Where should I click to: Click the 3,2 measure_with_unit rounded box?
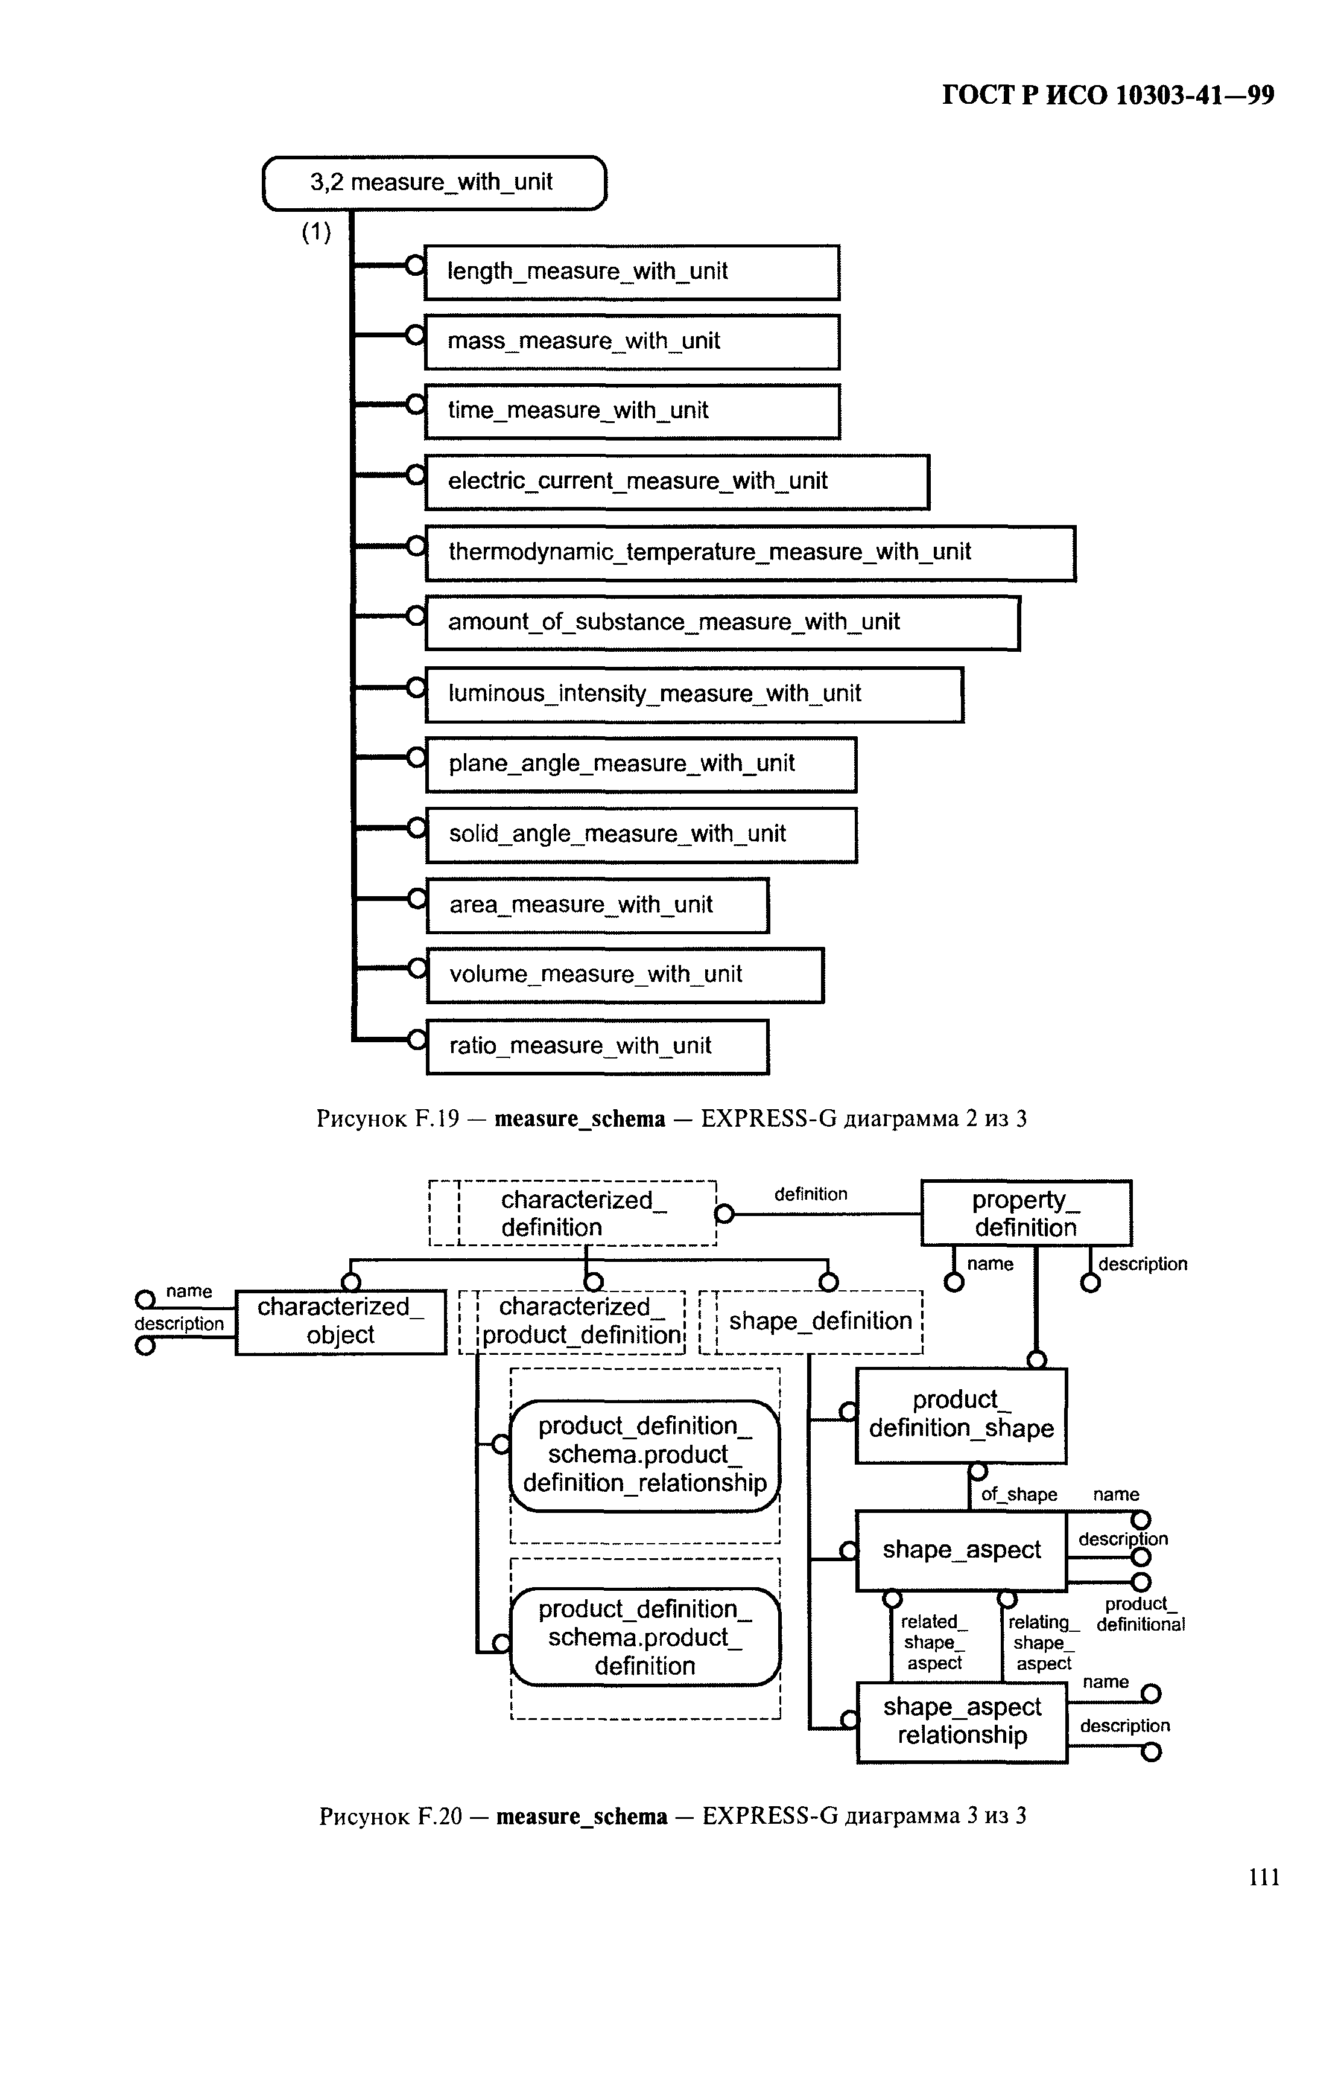434,183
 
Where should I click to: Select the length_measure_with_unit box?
632,272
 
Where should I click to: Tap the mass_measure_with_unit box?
632,342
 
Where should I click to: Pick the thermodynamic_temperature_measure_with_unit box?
750,553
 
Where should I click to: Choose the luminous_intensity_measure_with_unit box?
694,694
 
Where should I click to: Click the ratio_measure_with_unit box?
597,1046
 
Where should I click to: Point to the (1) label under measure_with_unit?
317,232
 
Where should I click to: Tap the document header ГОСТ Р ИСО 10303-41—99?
1108,95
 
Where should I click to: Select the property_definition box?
1026,1213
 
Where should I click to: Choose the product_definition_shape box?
962,1415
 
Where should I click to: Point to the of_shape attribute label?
1019,1495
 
